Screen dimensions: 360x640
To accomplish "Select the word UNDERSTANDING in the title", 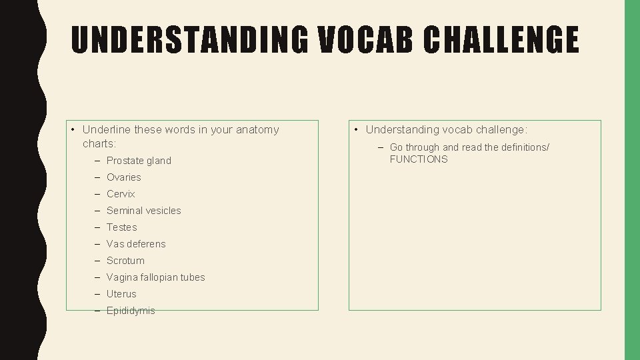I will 189,39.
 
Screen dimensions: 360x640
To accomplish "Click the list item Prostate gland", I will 139,161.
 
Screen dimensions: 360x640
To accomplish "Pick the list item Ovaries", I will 124,177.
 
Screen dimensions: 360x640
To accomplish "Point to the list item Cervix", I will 121,194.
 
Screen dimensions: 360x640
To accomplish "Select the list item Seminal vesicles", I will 144,211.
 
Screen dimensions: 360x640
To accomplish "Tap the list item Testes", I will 122,227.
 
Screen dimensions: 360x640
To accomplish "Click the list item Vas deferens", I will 136,244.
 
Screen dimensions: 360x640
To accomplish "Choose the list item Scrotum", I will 125,261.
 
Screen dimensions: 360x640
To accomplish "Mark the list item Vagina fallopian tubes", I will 156,277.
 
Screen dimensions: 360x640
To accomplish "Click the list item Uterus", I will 121,294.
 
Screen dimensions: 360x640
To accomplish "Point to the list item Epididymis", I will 131,311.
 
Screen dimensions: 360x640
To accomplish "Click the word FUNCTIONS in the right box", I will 419,159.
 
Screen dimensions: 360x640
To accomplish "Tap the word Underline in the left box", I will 107,129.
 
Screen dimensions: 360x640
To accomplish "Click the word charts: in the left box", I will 99,143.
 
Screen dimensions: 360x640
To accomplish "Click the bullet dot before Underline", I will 72,129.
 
